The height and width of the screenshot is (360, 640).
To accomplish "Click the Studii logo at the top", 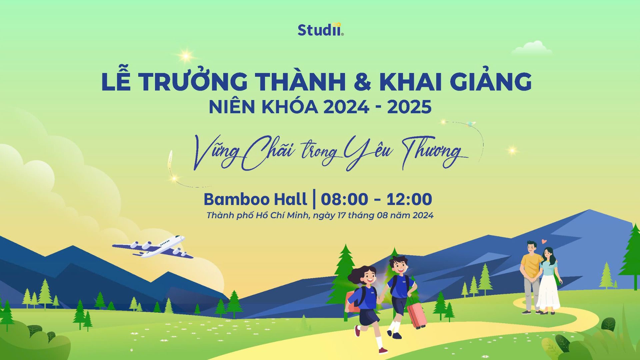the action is [320, 30].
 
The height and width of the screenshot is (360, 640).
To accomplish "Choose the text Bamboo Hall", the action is [255, 199].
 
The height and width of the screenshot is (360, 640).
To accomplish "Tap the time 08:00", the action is [344, 199].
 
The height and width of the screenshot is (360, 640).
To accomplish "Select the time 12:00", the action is [409, 199].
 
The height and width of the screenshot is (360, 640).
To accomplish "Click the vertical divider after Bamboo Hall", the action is [314, 199].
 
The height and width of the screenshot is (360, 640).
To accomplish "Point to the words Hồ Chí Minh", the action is [283, 215].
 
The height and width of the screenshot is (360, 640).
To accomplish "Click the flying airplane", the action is [152, 247].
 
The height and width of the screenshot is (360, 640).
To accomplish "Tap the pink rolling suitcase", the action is [416, 314].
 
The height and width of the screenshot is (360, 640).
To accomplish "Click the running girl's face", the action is [368, 276].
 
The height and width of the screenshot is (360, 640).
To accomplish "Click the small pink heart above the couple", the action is [544, 241].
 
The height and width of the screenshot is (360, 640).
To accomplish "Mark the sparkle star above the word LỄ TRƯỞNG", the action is [186, 56].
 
